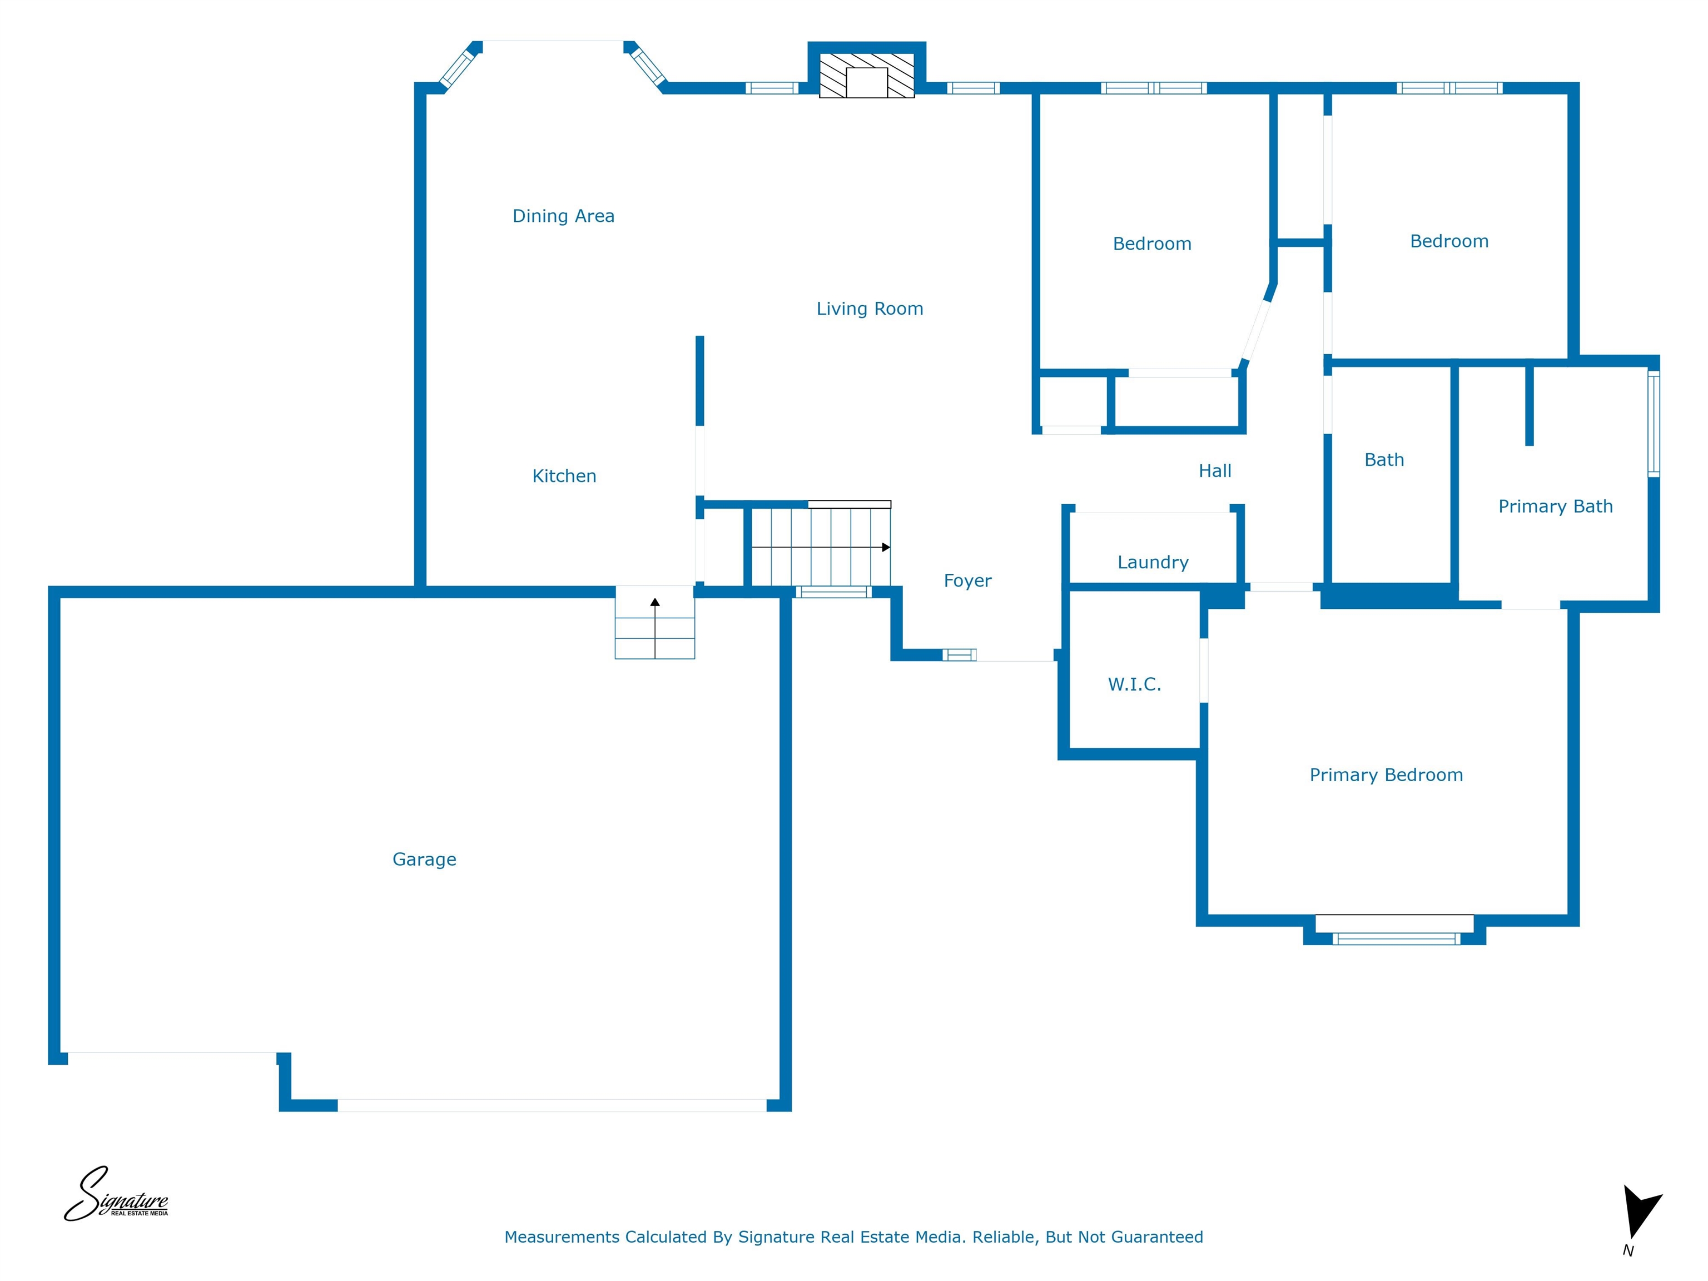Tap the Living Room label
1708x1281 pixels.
click(870, 309)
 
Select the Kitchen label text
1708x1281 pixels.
click(564, 476)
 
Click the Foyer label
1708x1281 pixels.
click(967, 580)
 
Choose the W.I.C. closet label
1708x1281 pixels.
click(1134, 684)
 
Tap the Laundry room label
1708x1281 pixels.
click(1152, 562)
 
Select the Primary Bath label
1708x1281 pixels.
click(1555, 507)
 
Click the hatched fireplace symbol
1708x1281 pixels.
click(866, 76)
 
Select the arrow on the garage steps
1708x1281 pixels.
click(655, 627)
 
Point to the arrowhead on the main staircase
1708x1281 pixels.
click(886, 548)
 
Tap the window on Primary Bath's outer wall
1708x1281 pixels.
click(1653, 423)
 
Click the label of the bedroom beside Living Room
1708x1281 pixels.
click(1151, 244)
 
